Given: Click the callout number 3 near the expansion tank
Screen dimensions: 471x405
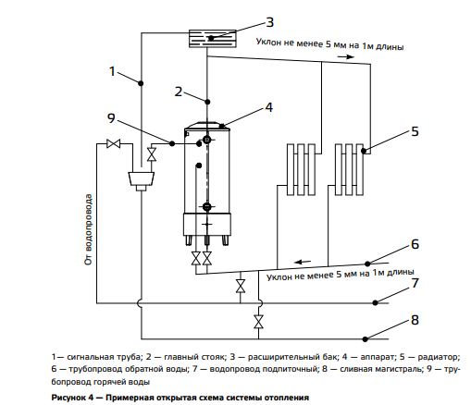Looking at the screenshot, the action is click(x=269, y=22).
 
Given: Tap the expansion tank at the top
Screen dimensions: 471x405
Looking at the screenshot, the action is click(x=213, y=39).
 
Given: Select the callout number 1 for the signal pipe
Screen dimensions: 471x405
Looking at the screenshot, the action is click(x=113, y=71).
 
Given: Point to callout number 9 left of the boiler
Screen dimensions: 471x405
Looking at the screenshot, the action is click(x=111, y=118).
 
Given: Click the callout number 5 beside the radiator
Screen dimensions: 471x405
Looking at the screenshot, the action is click(x=415, y=131).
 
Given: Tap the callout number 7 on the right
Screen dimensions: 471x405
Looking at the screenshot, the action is click(x=415, y=283).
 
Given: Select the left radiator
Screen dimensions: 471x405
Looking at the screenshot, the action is click(x=301, y=169).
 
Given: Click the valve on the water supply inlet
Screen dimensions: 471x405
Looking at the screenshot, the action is click(x=113, y=143).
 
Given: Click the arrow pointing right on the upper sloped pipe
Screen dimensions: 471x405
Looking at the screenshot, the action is click(x=345, y=56).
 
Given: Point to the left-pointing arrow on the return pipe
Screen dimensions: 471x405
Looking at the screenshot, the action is click(x=303, y=262).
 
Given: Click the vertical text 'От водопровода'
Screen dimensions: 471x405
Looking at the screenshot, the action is click(x=89, y=229).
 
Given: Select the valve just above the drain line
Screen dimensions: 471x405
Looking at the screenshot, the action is click(x=258, y=322).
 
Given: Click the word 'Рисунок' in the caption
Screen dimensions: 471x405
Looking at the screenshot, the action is click(x=68, y=398).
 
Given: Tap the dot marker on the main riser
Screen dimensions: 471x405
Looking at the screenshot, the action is click(x=207, y=102).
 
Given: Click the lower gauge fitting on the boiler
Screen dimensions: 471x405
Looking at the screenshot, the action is click(x=207, y=206).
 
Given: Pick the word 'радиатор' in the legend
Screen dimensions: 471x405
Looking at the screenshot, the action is click(x=439, y=358).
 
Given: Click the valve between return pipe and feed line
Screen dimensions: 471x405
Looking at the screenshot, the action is click(x=241, y=286).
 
